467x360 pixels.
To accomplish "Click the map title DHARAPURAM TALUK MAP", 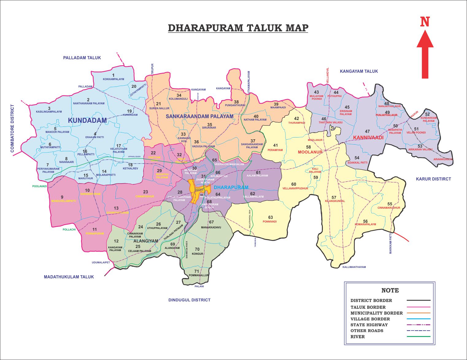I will coord(238,28).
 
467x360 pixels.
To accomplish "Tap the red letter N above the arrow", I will coord(425,22).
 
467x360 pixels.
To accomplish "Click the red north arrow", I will coord(425,55).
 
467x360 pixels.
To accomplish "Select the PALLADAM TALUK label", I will coord(82,58).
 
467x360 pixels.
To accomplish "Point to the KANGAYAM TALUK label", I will coord(359,71).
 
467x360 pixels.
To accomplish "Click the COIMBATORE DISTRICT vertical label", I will coord(12,128).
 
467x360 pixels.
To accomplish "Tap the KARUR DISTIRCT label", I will coord(433,179).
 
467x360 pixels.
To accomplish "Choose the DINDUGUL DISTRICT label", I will coord(189,300).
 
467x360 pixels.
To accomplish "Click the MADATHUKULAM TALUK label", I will coord(69,277).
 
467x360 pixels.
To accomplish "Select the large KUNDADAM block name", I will coord(87,120).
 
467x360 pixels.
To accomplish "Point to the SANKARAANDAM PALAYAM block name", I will coord(199,117).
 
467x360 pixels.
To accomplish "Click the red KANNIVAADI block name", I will coord(368,137).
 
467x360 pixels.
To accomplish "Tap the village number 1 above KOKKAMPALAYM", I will coord(113,75).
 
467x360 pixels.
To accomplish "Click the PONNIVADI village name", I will coord(270,222).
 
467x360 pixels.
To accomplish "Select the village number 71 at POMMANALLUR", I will coord(196,271).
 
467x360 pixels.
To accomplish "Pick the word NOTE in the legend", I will coord(390,290).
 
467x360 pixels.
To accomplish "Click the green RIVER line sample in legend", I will coord(418,337).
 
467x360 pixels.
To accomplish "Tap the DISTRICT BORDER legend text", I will coord(371,300).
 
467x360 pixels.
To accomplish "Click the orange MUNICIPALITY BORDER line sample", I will coord(418,313).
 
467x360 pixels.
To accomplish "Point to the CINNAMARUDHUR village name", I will coord(389,208).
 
